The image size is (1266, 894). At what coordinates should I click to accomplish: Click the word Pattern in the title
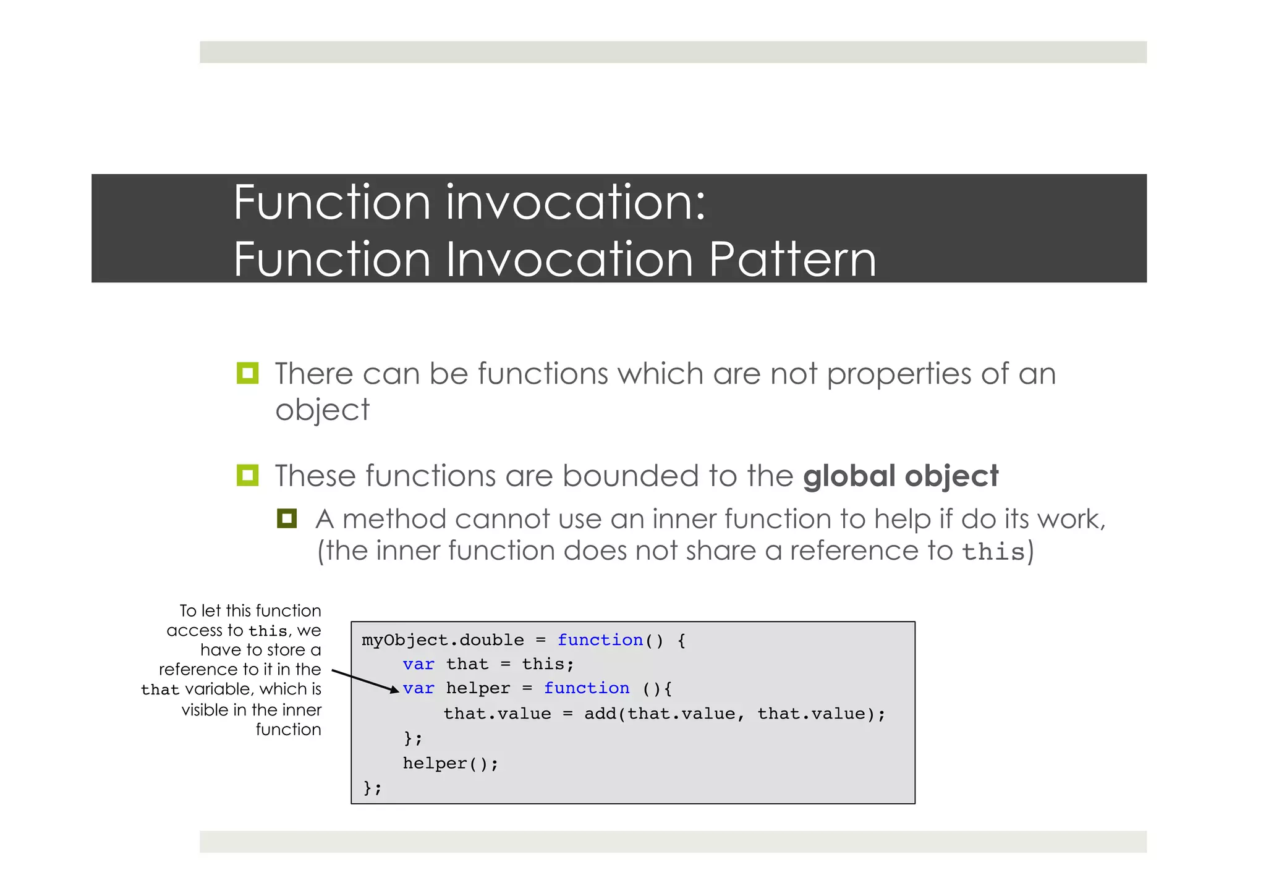click(792, 259)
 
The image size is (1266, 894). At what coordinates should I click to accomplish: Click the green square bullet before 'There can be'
click(247, 373)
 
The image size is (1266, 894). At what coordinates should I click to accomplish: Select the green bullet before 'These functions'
click(247, 475)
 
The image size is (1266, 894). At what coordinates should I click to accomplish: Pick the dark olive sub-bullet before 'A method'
click(287, 518)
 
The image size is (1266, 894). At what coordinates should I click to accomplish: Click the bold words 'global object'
click(900, 476)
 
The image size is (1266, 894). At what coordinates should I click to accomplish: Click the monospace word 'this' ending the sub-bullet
click(993, 552)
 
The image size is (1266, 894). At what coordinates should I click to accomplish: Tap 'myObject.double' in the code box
click(443, 640)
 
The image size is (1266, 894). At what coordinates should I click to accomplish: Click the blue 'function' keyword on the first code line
click(600, 640)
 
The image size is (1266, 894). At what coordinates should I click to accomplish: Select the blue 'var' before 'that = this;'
click(418, 664)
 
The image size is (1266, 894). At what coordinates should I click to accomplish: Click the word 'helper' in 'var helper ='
click(478, 688)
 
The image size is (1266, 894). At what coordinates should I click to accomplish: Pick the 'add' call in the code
click(600, 714)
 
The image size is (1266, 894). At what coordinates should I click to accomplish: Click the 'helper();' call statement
click(450, 764)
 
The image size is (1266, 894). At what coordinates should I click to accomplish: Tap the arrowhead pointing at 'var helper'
click(394, 689)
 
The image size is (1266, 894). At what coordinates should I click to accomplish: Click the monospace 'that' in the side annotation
click(159, 689)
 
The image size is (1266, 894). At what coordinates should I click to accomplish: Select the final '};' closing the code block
click(372, 788)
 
